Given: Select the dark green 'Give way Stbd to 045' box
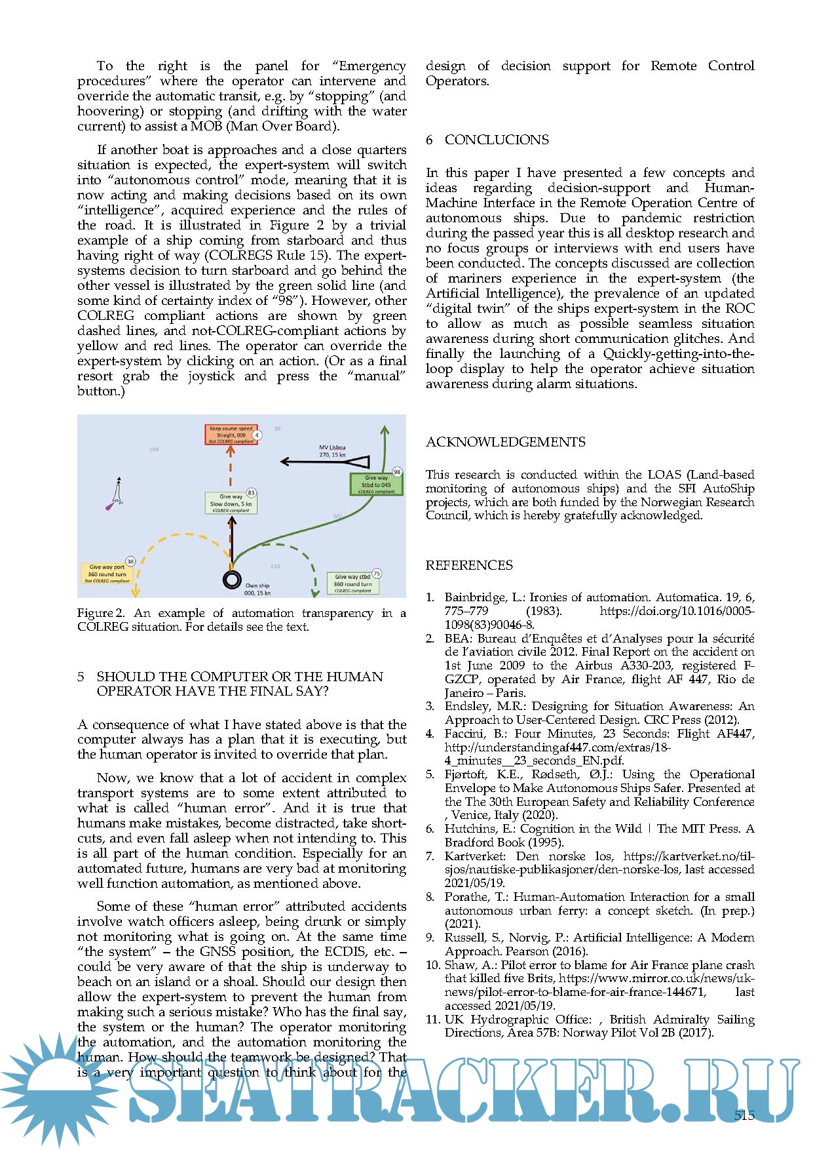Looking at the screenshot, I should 376,485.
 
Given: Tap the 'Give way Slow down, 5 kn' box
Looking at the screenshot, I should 230,503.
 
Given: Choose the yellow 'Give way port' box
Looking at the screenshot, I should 107,573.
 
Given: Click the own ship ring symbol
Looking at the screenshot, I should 232,579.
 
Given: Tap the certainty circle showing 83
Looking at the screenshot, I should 251,492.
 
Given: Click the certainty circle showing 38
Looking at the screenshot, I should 130,561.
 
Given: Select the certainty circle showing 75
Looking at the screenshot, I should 377,574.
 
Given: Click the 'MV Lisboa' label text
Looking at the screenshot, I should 332,448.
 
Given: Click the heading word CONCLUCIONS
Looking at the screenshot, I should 497,140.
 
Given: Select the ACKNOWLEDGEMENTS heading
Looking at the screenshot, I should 505,442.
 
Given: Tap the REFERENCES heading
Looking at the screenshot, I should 469,565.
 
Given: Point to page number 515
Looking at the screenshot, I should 744,1115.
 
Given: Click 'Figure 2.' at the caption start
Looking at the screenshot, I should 100,613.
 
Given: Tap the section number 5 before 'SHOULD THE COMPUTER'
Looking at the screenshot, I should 81,677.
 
